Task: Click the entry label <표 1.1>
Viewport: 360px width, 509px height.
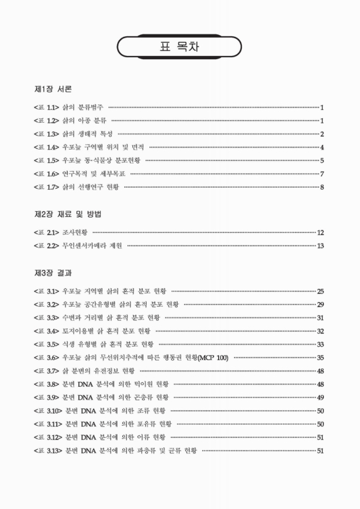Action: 47,108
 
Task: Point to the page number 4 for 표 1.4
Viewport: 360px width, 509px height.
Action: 322,147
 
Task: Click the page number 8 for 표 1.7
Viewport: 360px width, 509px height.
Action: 322,187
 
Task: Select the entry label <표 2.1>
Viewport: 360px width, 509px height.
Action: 47,232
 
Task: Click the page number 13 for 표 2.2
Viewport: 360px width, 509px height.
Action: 321,246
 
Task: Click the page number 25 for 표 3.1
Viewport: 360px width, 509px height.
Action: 321,291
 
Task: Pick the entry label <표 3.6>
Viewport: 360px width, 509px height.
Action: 47,358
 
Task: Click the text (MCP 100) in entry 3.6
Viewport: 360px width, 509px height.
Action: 213,358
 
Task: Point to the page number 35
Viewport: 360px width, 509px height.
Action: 321,358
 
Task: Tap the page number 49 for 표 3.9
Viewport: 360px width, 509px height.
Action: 321,398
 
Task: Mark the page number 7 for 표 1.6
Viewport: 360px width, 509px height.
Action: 322,174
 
